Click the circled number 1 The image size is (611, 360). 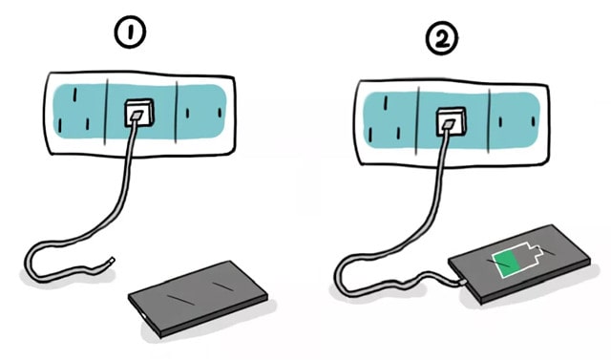pos(130,33)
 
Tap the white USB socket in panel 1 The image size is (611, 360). pos(138,114)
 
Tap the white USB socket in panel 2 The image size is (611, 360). pos(452,121)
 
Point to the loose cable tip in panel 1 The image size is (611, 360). pos(112,260)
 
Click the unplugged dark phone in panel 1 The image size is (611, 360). pos(198,298)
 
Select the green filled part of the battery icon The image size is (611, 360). pos(506,264)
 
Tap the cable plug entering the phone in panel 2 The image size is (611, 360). pos(462,282)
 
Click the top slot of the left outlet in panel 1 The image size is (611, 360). pos(74,95)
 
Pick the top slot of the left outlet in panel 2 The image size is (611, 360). pos(386,102)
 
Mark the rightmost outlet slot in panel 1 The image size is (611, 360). pos(220,113)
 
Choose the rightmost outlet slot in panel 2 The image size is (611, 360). pos(533,121)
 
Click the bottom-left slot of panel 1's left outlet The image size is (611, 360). pos(59,126)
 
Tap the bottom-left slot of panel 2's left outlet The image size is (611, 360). pos(370,135)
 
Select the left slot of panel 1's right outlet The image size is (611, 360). pos(187,114)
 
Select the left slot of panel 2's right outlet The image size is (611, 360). pos(500,122)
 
